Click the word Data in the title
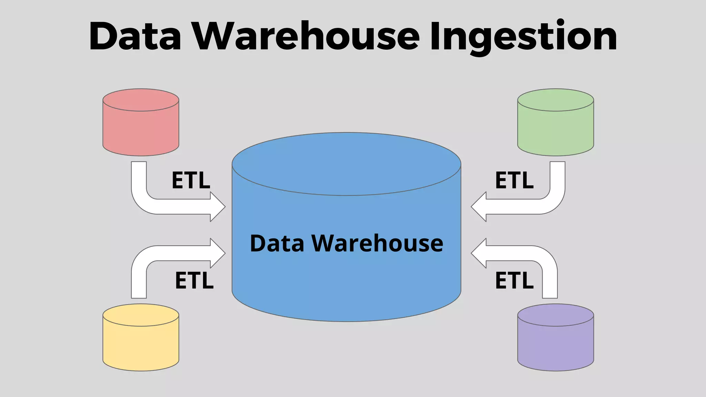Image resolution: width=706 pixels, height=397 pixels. [135, 36]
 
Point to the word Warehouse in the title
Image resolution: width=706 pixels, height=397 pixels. [305, 36]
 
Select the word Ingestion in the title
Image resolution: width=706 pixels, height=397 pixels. [523, 36]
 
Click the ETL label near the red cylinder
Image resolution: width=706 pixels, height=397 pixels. [191, 180]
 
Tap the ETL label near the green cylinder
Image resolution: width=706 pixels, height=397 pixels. [514, 180]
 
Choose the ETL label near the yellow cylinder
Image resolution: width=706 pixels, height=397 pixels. [194, 280]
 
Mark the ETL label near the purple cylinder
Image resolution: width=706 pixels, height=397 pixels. [514, 280]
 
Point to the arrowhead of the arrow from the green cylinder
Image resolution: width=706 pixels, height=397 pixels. [478, 207]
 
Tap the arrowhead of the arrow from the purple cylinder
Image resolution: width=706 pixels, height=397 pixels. [478, 253]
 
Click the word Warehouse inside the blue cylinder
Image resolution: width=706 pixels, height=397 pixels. [377, 243]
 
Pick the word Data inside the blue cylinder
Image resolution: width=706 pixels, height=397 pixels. [277, 243]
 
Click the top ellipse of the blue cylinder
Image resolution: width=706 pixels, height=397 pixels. [346, 164]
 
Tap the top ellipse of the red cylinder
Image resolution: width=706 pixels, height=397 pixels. [141, 100]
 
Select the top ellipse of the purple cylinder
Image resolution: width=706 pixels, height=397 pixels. [555, 315]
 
